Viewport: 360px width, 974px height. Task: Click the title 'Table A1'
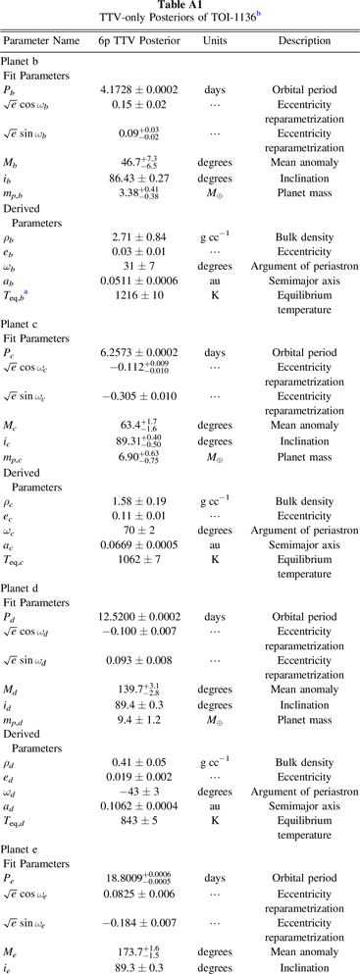pos(180,6)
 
